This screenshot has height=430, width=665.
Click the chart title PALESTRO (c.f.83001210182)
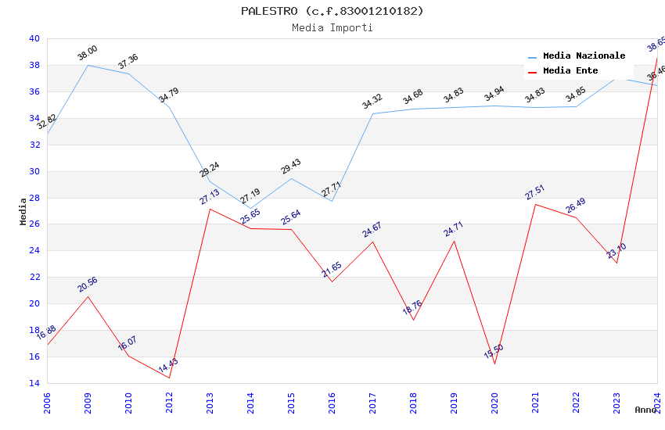point(332,11)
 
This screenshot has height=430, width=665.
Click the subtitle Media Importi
point(332,27)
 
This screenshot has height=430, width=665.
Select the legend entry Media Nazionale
point(584,56)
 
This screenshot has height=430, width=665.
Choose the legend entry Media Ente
point(570,70)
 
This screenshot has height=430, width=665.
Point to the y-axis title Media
point(23,211)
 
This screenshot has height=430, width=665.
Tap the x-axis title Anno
point(645,410)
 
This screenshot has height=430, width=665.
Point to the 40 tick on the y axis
point(34,38)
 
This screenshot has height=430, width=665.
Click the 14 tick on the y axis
point(34,383)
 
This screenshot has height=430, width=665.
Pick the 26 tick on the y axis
point(34,224)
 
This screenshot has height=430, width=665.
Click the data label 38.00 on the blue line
point(87,53)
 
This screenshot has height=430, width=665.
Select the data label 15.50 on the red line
point(494,351)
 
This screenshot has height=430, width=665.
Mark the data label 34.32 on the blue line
point(372,101)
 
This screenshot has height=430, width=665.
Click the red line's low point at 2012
point(169,378)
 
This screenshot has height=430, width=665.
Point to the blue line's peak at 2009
point(88,65)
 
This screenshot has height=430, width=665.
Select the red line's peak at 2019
point(454,241)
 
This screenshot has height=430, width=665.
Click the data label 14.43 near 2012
point(168,366)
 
